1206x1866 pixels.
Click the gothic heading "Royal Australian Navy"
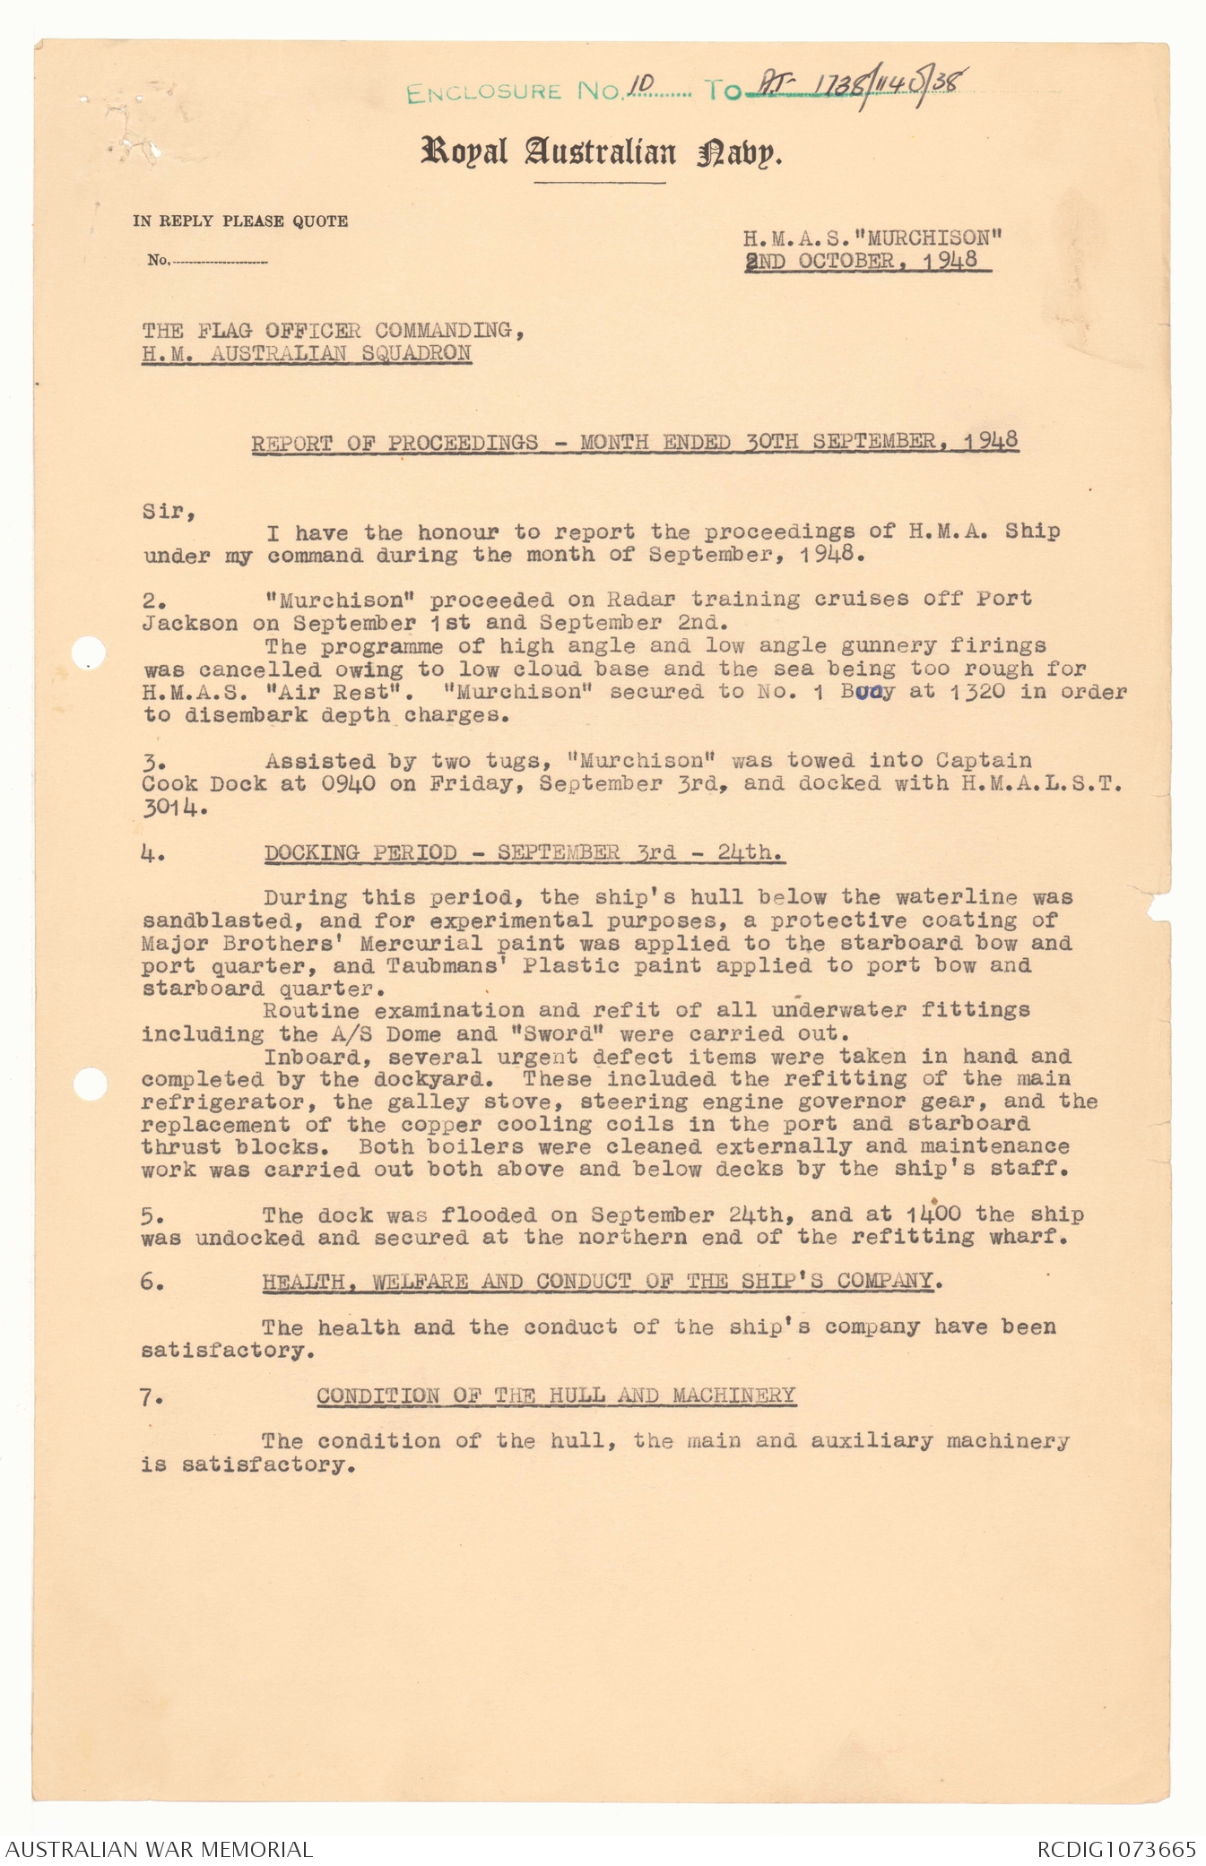coord(602,152)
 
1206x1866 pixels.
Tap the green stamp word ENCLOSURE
coord(483,92)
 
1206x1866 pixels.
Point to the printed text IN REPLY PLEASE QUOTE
coord(240,221)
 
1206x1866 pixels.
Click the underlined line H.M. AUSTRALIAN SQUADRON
coord(306,353)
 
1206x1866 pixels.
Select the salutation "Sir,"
coord(169,512)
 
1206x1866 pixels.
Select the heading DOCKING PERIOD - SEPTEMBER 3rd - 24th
coord(525,852)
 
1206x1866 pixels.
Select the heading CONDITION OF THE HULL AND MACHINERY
coord(556,1396)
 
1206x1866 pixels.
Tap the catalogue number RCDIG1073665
coord(1115,1849)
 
